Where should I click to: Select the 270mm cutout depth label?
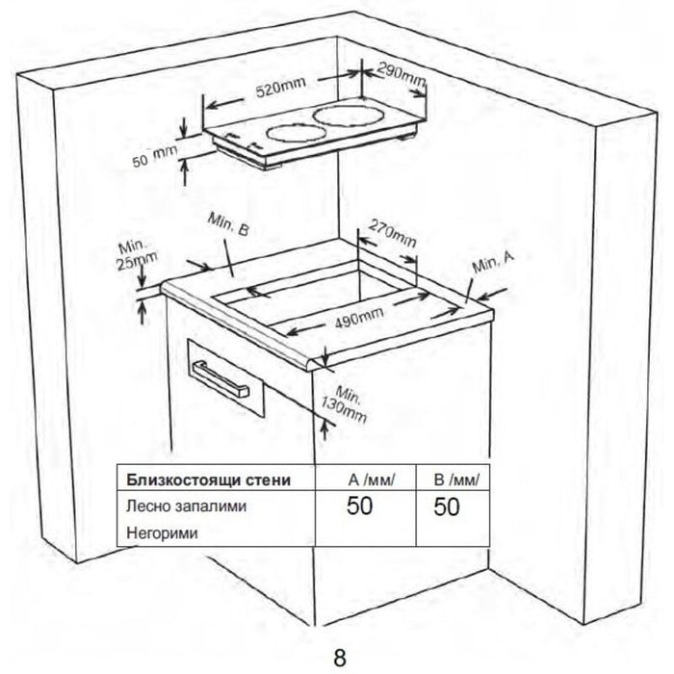click(392, 236)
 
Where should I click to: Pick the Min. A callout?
click(494, 260)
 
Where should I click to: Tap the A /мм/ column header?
click(371, 479)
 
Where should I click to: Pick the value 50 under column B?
click(446, 506)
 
